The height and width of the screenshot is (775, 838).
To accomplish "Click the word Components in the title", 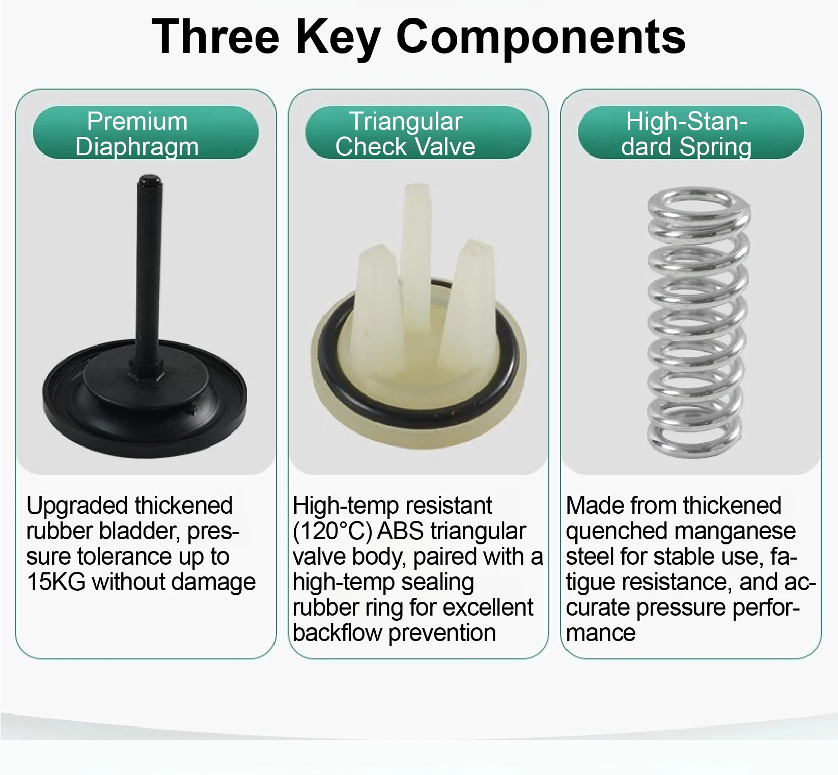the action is pyautogui.click(x=541, y=37).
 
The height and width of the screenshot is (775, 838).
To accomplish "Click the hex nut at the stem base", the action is pyautogui.click(x=146, y=371).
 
